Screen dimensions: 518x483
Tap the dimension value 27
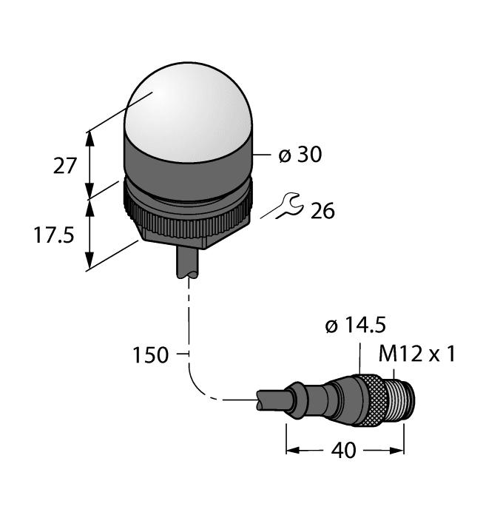[65, 165]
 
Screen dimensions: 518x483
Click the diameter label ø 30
[300, 155]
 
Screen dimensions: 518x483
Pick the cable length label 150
[150, 355]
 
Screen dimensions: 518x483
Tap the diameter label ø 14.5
[355, 326]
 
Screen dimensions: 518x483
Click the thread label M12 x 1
[416, 354]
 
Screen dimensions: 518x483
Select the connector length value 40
[345, 450]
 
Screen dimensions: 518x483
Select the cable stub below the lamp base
[188, 263]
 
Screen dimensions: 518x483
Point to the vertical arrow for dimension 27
[90, 164]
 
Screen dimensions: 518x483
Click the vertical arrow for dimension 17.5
[90, 234]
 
